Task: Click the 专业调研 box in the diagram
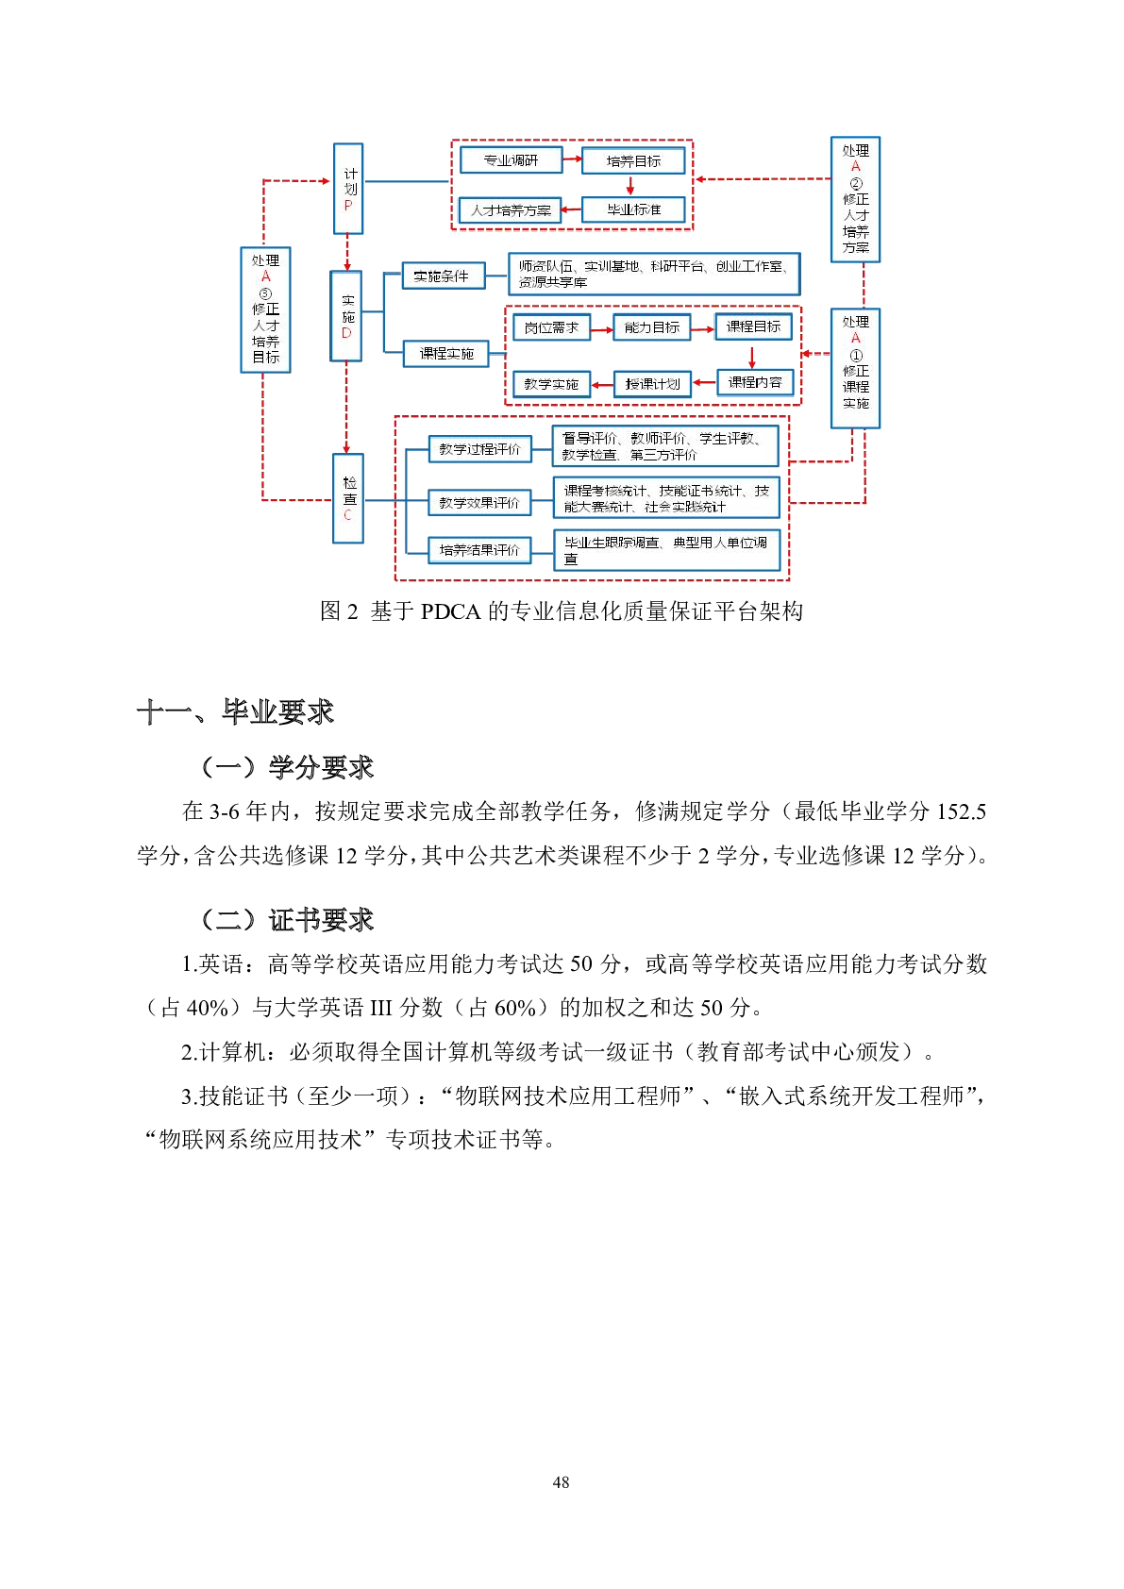coord(511,160)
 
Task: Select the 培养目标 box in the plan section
coord(633,161)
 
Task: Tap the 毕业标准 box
coord(633,209)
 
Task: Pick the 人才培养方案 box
coord(511,210)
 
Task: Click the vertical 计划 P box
coord(348,189)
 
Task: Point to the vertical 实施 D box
coord(346,317)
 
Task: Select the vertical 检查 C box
coord(348,498)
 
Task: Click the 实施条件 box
coord(443,276)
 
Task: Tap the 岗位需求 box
coord(551,327)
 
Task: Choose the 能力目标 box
coord(651,327)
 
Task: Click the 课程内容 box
coord(755,382)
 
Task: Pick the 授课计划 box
coord(652,384)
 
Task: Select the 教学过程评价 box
coord(479,449)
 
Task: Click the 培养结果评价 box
coord(479,549)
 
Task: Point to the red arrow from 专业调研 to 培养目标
coord(572,159)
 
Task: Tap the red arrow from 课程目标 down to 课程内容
coord(752,358)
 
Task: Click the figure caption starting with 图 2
coord(562,611)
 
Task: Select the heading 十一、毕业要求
coord(236,711)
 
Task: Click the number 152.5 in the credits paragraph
coord(961,811)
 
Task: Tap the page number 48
coord(562,1482)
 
